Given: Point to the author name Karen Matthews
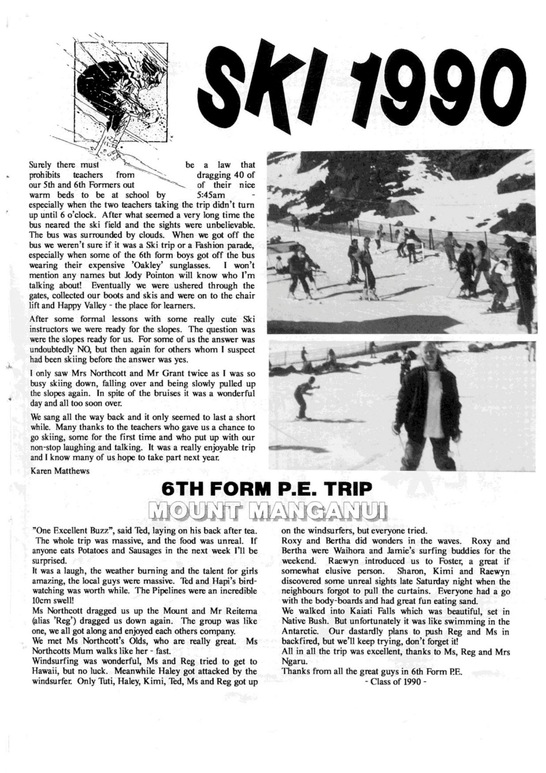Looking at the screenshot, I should click(60, 471).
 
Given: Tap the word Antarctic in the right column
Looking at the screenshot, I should click(300, 632).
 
